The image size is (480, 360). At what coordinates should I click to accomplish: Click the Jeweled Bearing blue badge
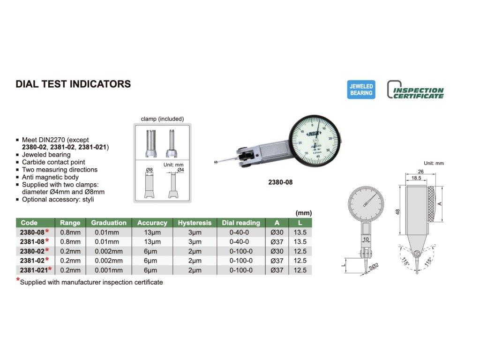[361, 90]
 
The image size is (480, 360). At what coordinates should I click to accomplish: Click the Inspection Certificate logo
[415, 90]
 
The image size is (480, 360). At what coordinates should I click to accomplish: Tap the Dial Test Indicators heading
[73, 84]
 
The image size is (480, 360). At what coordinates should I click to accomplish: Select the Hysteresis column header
[195, 223]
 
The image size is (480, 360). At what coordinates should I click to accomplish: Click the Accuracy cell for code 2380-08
[152, 232]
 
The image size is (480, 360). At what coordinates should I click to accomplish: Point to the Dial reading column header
[241, 223]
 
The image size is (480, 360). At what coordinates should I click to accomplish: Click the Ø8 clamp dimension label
[150, 169]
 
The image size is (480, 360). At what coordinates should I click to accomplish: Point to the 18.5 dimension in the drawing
[415, 179]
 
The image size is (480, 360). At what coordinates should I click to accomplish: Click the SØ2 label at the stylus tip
[374, 266]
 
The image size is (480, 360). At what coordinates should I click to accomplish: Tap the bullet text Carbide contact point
[53, 162]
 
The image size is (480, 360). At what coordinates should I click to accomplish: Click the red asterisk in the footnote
[18, 280]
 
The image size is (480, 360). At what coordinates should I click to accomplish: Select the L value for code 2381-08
[300, 241]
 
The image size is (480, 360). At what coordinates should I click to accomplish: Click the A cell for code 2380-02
[277, 251]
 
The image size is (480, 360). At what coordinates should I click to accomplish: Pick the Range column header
[70, 223]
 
